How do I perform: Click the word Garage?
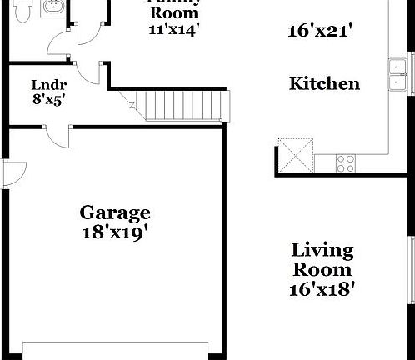click(x=115, y=212)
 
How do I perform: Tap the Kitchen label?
click(x=324, y=84)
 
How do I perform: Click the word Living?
click(x=322, y=250)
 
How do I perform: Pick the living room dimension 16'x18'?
click(x=322, y=289)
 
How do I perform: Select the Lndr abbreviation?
click(x=44, y=84)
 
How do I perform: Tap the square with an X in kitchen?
click(x=297, y=155)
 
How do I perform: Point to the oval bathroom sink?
click(x=54, y=7)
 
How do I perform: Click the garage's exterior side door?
click(x=12, y=172)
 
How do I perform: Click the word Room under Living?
click(x=322, y=269)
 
